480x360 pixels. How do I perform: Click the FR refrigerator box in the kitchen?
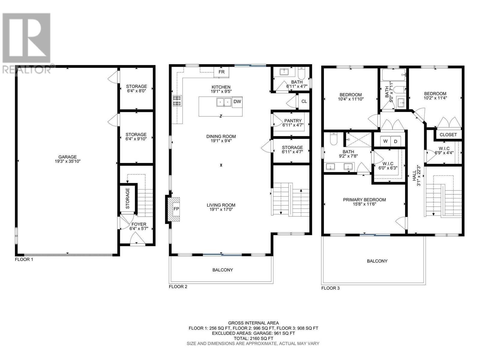pos(221,72)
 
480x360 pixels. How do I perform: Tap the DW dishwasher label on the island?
pos(237,102)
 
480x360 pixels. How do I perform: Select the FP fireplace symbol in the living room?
pos(176,209)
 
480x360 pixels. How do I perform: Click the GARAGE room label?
pos(67,157)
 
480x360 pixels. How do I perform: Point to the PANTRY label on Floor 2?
pos(292,121)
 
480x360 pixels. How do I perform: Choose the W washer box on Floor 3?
pos(385,141)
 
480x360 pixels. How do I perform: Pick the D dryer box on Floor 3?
pos(395,141)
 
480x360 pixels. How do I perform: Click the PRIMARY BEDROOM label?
pos(364,200)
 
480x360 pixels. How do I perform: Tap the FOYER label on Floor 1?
pos(139,224)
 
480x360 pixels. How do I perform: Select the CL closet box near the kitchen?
pos(304,101)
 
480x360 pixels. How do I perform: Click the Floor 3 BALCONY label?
pos(377,261)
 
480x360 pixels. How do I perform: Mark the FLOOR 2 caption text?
pos(178,287)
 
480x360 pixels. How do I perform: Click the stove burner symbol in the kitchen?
pos(177,101)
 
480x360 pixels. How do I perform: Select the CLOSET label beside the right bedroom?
pos(448,135)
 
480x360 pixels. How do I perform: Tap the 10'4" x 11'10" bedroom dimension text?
pos(351,99)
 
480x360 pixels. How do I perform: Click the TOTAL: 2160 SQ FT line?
pos(253,338)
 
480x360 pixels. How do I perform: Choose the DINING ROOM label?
pos(221,136)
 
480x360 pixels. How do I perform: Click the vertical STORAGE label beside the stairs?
pos(128,198)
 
